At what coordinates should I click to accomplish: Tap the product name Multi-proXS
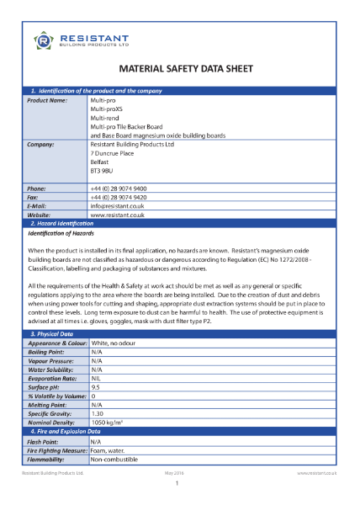pos(108,110)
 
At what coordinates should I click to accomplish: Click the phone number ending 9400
pos(119,189)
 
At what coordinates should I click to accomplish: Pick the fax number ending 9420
pos(119,197)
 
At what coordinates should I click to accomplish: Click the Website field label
pos(41,215)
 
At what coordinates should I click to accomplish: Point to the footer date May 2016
pos(179,474)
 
